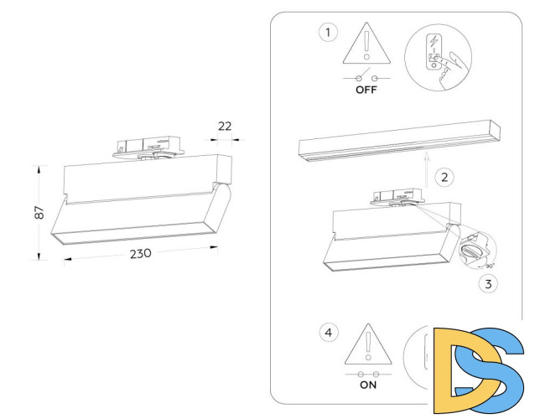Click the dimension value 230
140,254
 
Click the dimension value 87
39,213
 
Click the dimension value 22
225,126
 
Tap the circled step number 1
328,33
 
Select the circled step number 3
488,282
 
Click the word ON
367,386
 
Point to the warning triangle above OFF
366,45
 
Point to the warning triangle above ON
367,345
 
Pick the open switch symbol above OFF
366,75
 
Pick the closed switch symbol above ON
367,373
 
